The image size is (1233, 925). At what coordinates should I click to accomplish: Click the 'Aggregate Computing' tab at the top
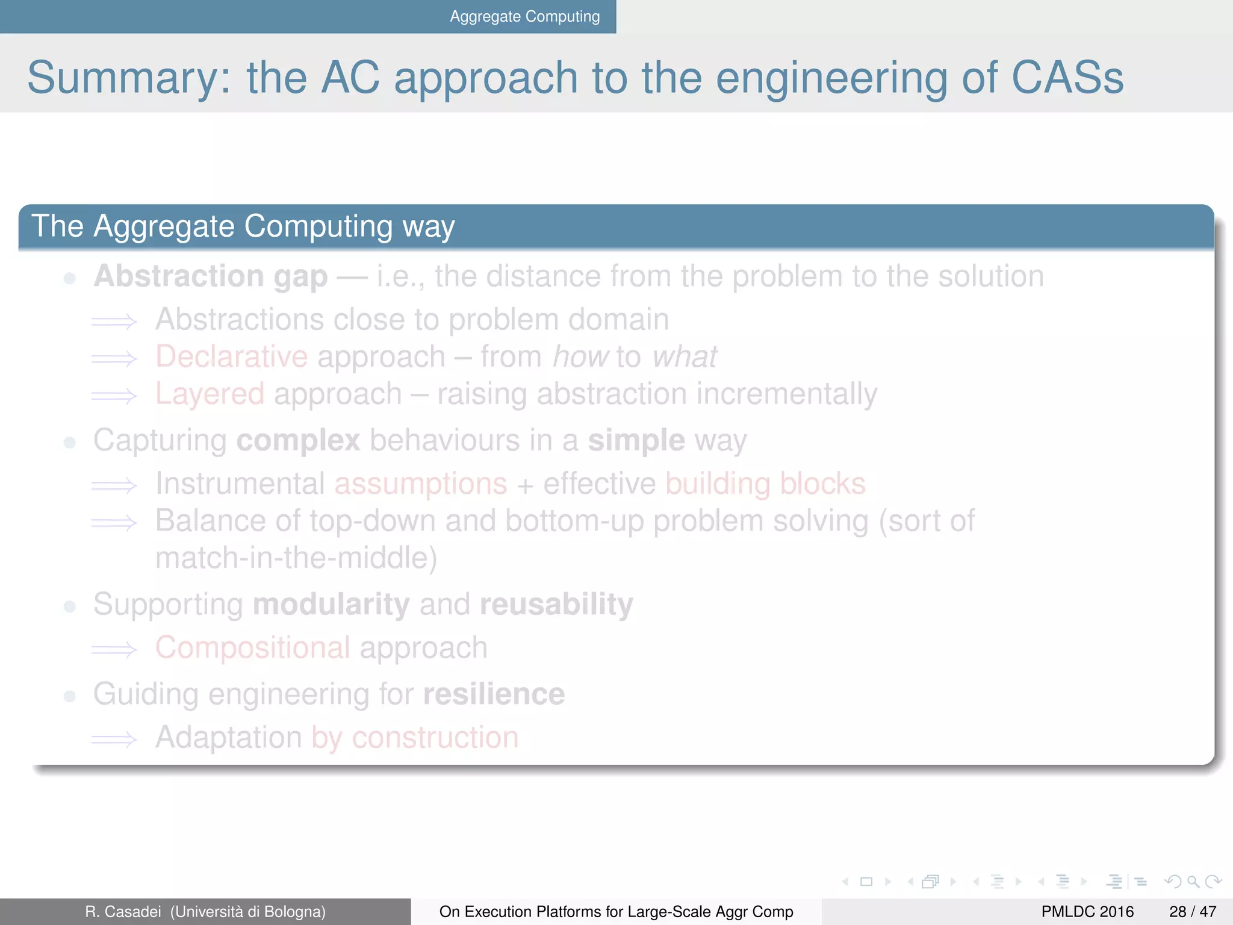(x=524, y=16)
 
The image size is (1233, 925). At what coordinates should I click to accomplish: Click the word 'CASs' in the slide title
(x=1067, y=78)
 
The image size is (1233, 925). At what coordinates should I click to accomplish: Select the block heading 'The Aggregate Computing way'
(x=243, y=226)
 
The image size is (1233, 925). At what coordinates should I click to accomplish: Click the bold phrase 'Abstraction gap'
(x=211, y=276)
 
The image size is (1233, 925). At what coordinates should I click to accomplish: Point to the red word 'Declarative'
(x=232, y=357)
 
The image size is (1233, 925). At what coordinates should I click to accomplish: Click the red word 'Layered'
(x=210, y=394)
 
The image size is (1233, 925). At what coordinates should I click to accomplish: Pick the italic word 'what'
(x=685, y=357)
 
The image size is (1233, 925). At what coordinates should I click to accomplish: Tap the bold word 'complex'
(x=298, y=440)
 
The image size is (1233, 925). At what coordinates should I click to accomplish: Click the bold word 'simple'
(x=636, y=440)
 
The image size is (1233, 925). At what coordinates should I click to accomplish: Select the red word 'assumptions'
(x=421, y=484)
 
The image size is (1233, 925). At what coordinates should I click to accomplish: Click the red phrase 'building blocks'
(x=765, y=484)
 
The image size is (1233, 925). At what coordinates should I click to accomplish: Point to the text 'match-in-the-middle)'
(x=296, y=558)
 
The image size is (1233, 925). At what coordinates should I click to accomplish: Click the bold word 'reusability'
(x=556, y=604)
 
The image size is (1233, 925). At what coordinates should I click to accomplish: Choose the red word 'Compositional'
(x=252, y=648)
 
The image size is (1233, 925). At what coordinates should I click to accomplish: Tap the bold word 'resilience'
(x=494, y=694)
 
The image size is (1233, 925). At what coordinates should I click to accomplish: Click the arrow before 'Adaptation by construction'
(x=114, y=739)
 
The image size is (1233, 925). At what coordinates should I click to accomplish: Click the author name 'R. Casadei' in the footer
(x=123, y=912)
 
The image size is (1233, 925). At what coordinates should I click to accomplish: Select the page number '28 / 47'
(x=1192, y=912)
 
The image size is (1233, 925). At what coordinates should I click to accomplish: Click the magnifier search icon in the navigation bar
(x=1193, y=882)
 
